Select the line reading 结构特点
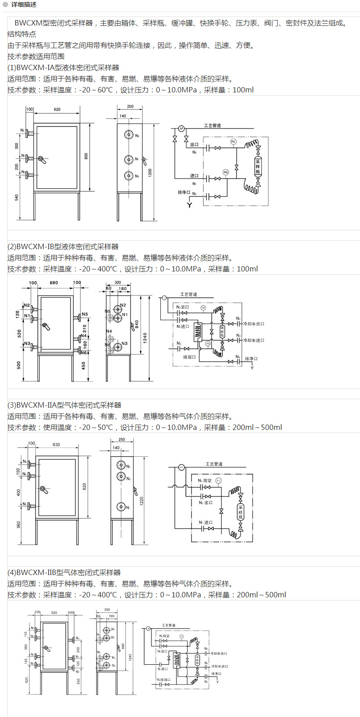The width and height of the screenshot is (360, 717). coord(22,34)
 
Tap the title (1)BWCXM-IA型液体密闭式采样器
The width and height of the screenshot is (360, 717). coord(63,67)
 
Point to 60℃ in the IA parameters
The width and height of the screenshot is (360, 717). coord(105,90)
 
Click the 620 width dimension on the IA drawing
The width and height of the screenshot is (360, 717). coord(57,109)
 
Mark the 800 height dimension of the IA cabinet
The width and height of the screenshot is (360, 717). coord(87,156)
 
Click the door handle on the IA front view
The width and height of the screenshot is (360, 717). coord(42,160)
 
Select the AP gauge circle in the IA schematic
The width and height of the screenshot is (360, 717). coord(181,129)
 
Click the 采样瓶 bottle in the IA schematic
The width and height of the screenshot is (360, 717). coord(258,166)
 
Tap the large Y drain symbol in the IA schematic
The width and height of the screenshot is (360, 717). coord(189,205)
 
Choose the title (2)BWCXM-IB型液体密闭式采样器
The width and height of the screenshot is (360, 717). coord(63,246)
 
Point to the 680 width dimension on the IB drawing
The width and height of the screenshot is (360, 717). coord(54,283)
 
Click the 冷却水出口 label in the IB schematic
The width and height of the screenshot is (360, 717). coord(254,324)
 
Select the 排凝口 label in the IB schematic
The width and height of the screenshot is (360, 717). coord(189,357)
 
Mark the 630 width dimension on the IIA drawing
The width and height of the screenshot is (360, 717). coord(56,445)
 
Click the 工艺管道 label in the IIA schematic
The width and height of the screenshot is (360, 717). coord(214,464)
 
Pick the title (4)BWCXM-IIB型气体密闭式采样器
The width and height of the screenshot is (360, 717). coord(64,572)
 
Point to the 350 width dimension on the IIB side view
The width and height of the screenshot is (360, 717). coord(107,609)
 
